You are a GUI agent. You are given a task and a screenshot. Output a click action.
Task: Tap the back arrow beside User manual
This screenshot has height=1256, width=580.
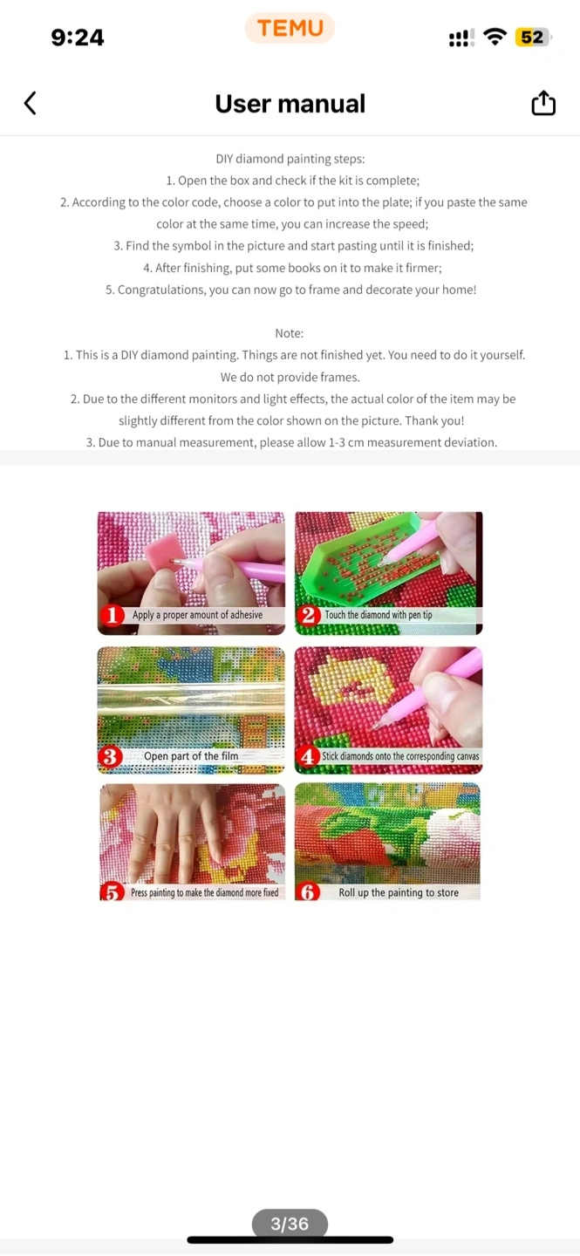click(31, 103)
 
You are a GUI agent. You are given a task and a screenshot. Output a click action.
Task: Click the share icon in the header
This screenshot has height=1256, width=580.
click(543, 103)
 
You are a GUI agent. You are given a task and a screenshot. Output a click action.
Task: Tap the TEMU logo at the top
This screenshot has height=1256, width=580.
click(290, 28)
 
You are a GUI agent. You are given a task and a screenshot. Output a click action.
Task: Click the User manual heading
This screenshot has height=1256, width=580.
click(290, 104)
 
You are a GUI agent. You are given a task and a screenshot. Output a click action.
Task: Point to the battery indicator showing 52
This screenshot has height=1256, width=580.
click(532, 38)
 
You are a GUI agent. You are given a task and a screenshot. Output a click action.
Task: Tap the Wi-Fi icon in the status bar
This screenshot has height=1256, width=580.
click(495, 37)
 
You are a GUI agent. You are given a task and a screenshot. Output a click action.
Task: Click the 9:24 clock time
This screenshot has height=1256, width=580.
click(78, 38)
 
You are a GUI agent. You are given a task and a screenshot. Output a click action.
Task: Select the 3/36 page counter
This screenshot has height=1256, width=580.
click(290, 1224)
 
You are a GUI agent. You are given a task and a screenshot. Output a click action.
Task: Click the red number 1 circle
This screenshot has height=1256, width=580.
click(113, 615)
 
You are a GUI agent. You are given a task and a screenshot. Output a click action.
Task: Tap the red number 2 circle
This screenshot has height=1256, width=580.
click(309, 615)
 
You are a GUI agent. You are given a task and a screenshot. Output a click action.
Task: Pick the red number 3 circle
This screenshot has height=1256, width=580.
click(110, 756)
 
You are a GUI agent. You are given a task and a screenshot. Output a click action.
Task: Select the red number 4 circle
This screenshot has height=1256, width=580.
click(307, 756)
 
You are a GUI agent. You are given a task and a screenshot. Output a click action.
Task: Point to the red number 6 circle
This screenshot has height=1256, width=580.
click(307, 891)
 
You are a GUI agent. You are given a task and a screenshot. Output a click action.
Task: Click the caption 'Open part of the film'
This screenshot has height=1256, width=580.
click(191, 756)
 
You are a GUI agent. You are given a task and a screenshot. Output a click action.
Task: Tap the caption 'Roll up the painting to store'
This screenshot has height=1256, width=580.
click(399, 892)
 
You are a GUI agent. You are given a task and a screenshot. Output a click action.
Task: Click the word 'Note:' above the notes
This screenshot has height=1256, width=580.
click(290, 333)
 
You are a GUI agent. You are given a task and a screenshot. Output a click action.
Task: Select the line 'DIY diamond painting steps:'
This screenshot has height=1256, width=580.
click(290, 159)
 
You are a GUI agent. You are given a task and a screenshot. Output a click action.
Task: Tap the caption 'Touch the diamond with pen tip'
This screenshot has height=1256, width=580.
click(379, 615)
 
